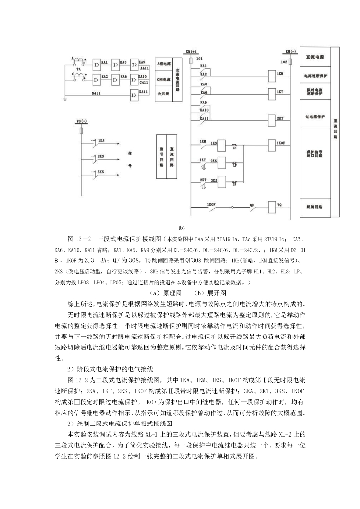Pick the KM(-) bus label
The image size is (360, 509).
point(291,51)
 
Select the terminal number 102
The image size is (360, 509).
point(284,62)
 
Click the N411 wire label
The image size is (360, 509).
point(97,92)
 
